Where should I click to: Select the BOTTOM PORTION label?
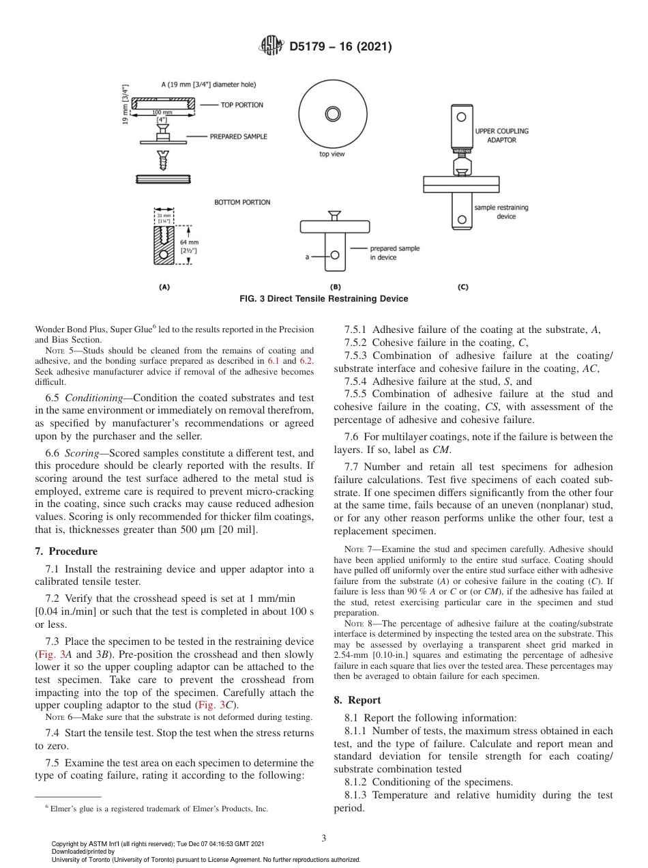pyautogui.click(x=242, y=202)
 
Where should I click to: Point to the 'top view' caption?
pyautogui.click(x=332, y=154)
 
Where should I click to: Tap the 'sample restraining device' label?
pyautogui.click(x=501, y=212)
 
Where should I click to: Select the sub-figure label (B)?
pyautogui.click(x=335, y=287)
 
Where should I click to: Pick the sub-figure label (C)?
pyautogui.click(x=462, y=287)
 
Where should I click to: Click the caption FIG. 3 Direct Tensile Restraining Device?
pyautogui.click(x=324, y=299)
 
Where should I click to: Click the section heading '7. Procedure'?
pyautogui.click(x=66, y=551)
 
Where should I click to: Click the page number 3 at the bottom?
pyautogui.click(x=324, y=838)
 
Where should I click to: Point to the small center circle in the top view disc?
pyautogui.click(x=332, y=113)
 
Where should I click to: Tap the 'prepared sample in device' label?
pyautogui.click(x=395, y=253)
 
